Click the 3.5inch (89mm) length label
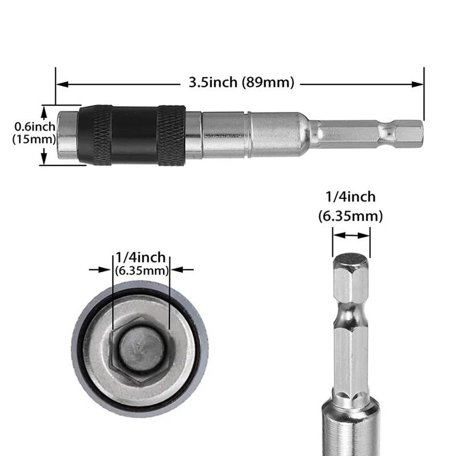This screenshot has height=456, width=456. pos(241,83)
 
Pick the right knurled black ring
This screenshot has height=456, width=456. pos(171,135)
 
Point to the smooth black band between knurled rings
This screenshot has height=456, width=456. pos(134,135)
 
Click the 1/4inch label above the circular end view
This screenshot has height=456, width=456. pos(141,258)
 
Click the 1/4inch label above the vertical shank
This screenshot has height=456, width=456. pos(351,197)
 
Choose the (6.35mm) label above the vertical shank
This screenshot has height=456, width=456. pos(351,216)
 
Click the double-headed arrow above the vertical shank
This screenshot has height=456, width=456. pos(351,234)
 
